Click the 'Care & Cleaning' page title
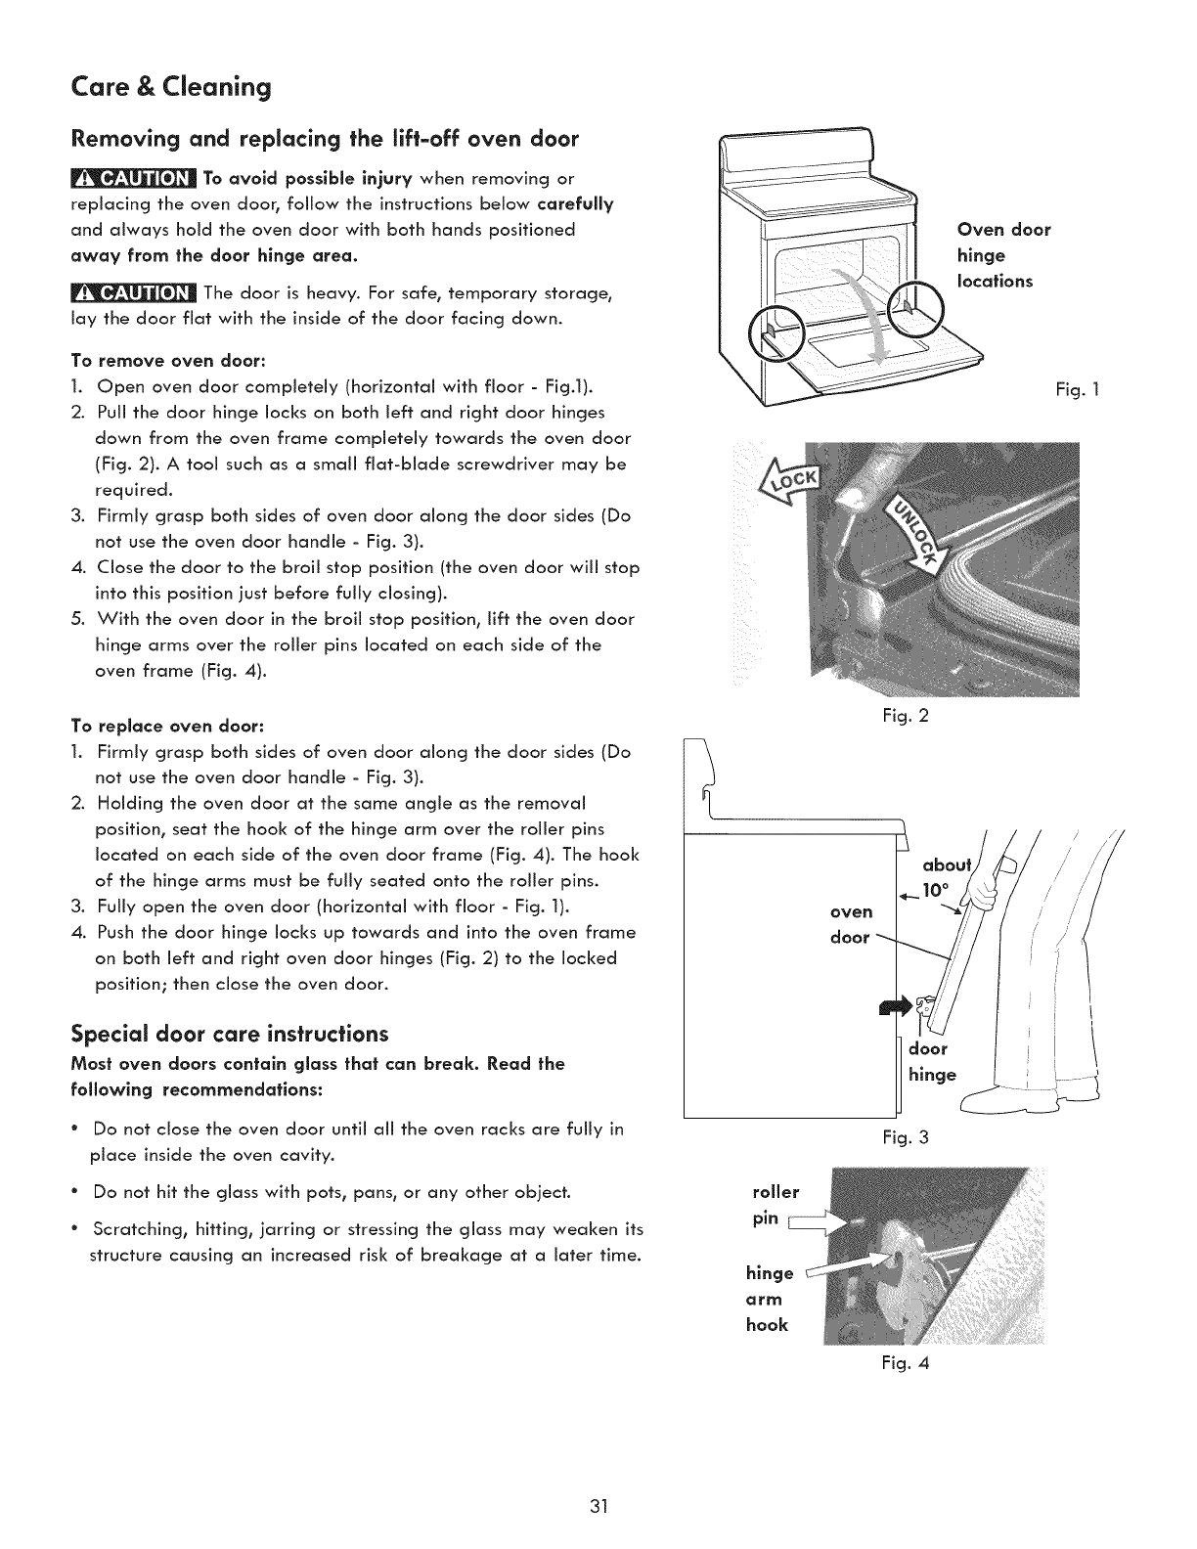pos(171,88)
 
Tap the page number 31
pos(599,1504)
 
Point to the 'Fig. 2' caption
pos(905,716)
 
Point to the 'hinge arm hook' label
pos(769,1299)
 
